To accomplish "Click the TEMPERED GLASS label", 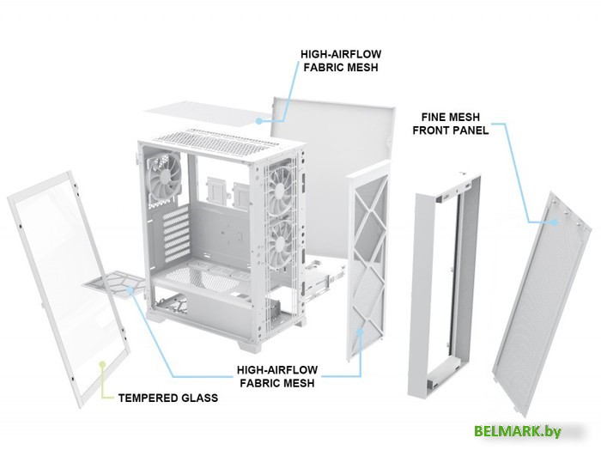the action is coord(168,398).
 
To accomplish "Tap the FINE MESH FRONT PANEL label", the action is coord(451,124).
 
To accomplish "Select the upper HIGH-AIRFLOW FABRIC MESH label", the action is coord(341,61).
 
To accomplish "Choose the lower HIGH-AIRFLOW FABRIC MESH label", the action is coord(277,376).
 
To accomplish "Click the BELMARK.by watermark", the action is coord(518,431).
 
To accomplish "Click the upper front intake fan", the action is coord(281,190).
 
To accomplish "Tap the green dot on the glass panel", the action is coord(102,363).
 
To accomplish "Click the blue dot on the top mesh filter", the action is coord(259,121).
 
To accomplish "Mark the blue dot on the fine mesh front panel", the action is coord(554,222).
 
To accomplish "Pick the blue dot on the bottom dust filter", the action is coord(131,289).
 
